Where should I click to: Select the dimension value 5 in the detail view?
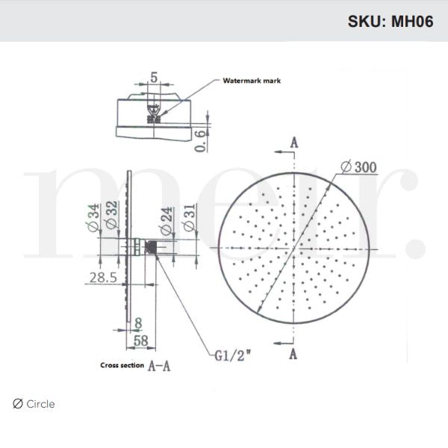click(x=153, y=76)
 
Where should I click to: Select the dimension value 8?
click(x=137, y=323)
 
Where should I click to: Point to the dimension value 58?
click(x=139, y=340)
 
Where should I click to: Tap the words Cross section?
click(x=122, y=366)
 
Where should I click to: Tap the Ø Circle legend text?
click(x=34, y=404)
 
